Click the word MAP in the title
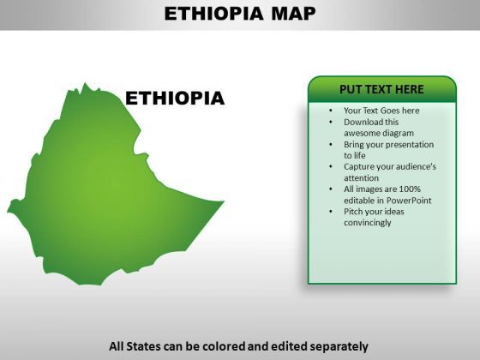tap(293, 14)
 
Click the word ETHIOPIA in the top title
tap(213, 14)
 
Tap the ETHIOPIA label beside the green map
tap(175, 99)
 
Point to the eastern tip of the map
tap(224, 201)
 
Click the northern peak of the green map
tap(85, 83)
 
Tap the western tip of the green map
tap(8, 210)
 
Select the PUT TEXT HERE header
tap(381, 89)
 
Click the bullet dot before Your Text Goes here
tap(331, 111)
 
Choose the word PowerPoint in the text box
tap(409, 201)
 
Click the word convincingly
tap(368, 223)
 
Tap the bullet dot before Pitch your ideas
tap(331, 212)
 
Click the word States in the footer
tap(143, 346)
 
